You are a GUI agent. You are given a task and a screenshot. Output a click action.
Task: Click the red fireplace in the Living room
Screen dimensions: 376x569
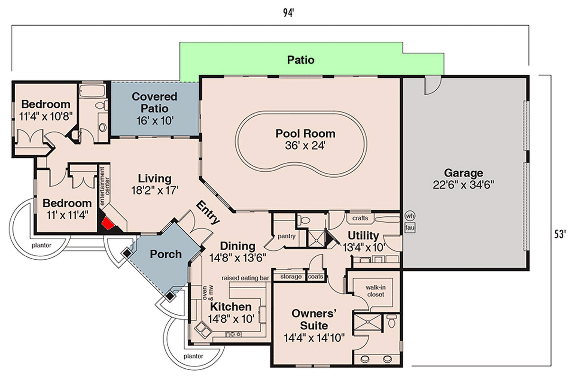pos(109,223)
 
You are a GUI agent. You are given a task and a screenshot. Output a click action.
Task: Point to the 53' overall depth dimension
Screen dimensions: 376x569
pos(560,234)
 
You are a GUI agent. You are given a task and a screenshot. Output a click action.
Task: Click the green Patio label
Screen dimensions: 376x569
pos(301,60)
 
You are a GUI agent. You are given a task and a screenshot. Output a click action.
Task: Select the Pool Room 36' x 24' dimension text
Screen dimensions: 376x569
pos(305,146)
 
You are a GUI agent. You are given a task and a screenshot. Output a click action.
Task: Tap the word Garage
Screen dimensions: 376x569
pos(463,173)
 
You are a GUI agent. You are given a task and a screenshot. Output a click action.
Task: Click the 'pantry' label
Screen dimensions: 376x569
pos(287,236)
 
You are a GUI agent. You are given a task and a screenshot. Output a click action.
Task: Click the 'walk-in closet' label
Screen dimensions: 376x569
pos(375,291)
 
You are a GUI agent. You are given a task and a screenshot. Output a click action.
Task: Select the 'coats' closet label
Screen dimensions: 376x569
pos(316,277)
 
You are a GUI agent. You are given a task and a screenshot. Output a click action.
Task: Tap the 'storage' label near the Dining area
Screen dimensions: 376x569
pos(291,277)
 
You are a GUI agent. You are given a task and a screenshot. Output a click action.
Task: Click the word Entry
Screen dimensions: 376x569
pos(208,213)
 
